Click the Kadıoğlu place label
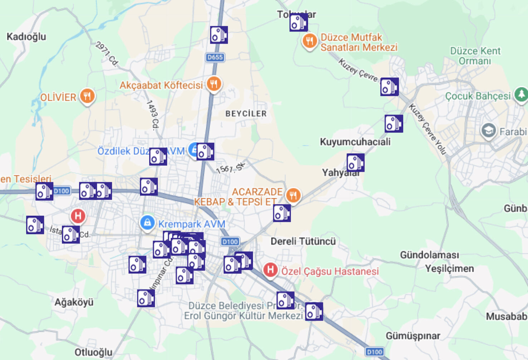click(x=26, y=37)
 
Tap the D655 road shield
click(x=215, y=57)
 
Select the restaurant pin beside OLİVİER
click(x=87, y=96)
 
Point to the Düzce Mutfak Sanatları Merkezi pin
click(x=310, y=41)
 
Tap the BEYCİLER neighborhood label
click(x=246, y=114)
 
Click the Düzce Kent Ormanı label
click(x=475, y=56)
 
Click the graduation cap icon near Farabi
click(x=488, y=131)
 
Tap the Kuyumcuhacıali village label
click(x=355, y=142)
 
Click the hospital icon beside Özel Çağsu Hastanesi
click(x=270, y=270)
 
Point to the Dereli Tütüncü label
click(x=303, y=241)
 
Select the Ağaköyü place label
click(x=74, y=302)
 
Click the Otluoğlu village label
click(x=93, y=352)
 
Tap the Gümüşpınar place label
click(x=413, y=336)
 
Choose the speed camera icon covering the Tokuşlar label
click(x=298, y=23)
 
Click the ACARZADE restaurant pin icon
click(x=293, y=195)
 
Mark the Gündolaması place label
click(x=429, y=255)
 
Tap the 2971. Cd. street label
click(x=107, y=54)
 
